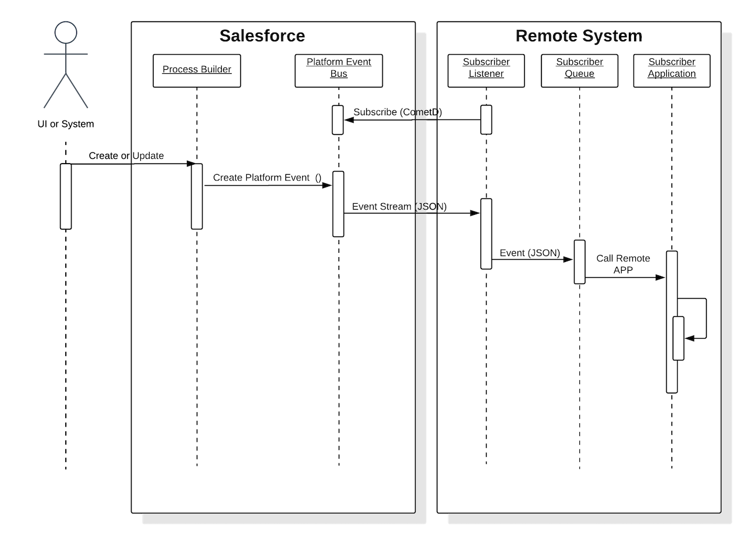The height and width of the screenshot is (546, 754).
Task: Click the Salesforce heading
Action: click(x=262, y=36)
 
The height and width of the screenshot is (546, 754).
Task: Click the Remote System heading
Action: click(x=579, y=36)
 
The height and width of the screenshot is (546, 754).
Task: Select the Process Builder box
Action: click(x=197, y=70)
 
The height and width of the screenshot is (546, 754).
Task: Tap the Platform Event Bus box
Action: click(x=338, y=70)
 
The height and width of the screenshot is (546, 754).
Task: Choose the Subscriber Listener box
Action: click(x=486, y=70)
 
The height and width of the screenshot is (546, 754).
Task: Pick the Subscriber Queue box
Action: click(x=579, y=70)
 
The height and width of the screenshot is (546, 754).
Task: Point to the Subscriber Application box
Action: click(x=672, y=70)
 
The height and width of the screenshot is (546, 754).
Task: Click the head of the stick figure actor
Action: click(x=66, y=33)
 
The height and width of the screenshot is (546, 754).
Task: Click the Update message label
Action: click(x=148, y=156)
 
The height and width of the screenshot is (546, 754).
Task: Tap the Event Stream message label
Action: click(x=399, y=207)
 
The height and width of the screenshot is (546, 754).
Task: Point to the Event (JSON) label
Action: click(x=530, y=253)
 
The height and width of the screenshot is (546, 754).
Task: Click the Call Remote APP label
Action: click(x=623, y=264)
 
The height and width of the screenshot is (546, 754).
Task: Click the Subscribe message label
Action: click(x=397, y=112)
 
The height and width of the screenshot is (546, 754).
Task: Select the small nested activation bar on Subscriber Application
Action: click(x=678, y=338)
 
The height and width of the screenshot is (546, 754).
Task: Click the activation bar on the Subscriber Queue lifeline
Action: click(x=579, y=262)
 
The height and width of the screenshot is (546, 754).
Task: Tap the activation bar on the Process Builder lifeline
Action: click(x=197, y=196)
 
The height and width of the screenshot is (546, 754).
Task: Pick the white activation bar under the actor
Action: click(x=66, y=196)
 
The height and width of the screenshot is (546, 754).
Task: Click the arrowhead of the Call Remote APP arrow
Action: click(x=661, y=278)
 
